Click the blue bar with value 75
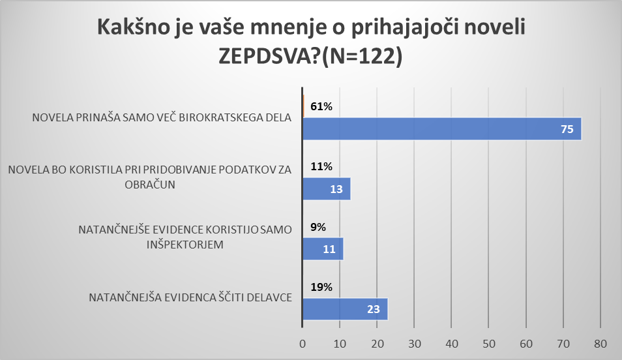(441, 129)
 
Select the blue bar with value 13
(327, 189)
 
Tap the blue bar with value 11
(323, 249)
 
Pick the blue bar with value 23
(345, 308)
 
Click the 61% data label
(321, 107)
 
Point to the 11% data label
(321, 167)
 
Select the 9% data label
(319, 227)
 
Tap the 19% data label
(321, 287)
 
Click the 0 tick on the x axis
(303, 343)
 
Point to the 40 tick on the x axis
(452, 343)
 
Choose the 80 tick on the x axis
(600, 343)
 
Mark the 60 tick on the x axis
(526, 343)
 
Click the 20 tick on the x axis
(377, 343)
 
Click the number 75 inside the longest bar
(567, 130)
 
